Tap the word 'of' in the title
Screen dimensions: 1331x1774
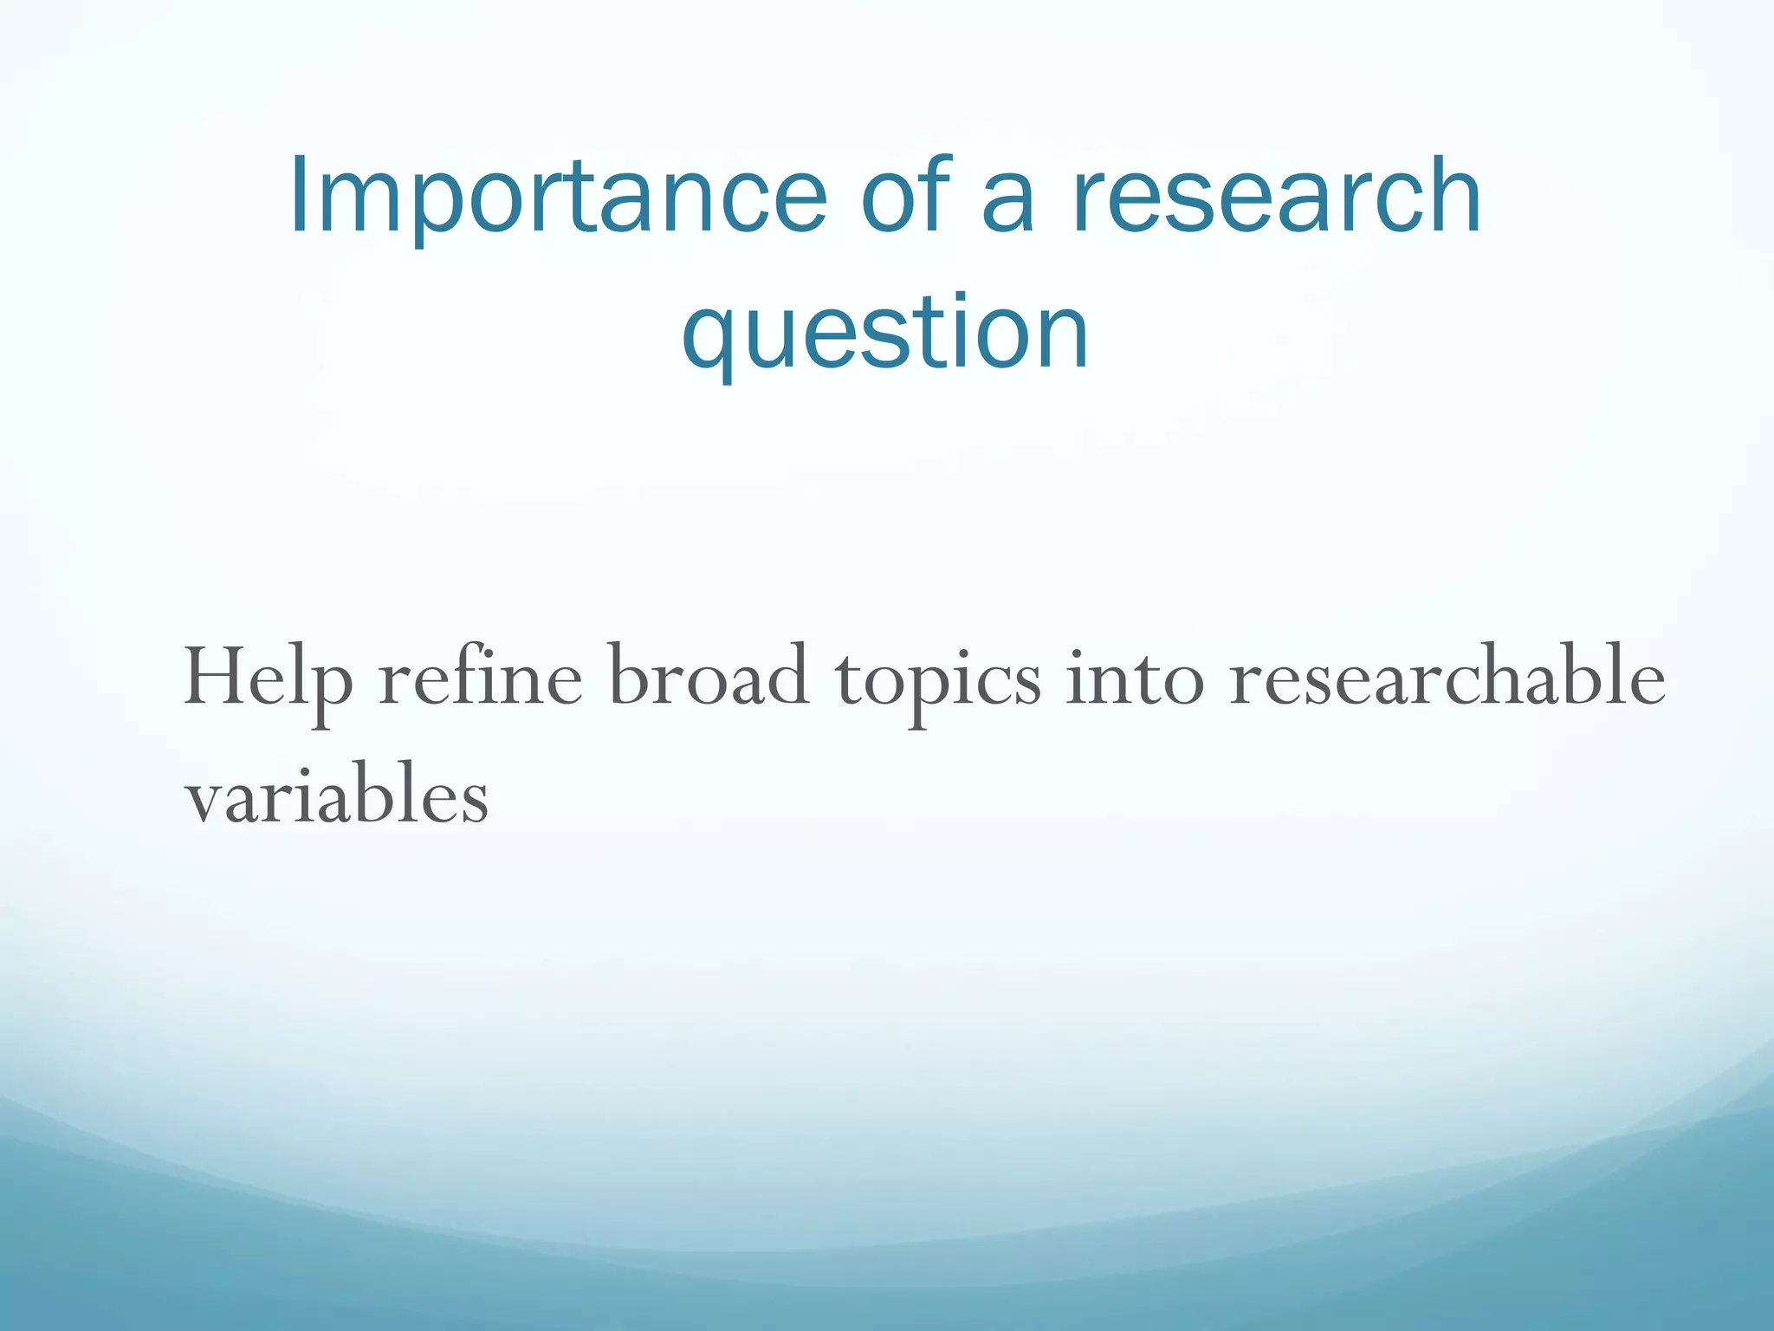click(907, 196)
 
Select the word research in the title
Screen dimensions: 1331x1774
click(1277, 198)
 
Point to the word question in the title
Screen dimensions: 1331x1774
click(884, 334)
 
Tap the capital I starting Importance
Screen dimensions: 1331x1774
click(298, 196)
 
